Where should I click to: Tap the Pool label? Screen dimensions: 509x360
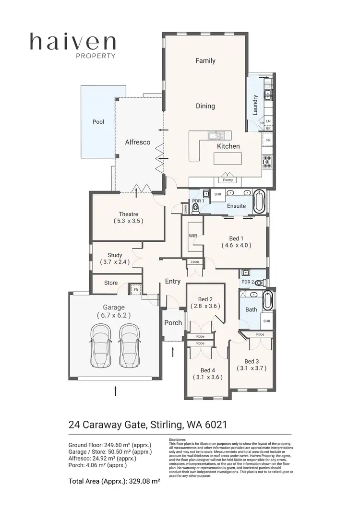[x=98, y=122]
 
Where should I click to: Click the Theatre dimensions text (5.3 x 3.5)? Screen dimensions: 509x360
[x=128, y=221]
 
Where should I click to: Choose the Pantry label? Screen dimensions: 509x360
[x=228, y=180]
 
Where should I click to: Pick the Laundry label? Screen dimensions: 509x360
[x=255, y=105]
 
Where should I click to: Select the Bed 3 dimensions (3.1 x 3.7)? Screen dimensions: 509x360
[x=251, y=368]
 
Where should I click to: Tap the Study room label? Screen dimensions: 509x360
[x=115, y=255]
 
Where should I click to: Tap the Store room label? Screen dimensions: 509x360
[x=111, y=283]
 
